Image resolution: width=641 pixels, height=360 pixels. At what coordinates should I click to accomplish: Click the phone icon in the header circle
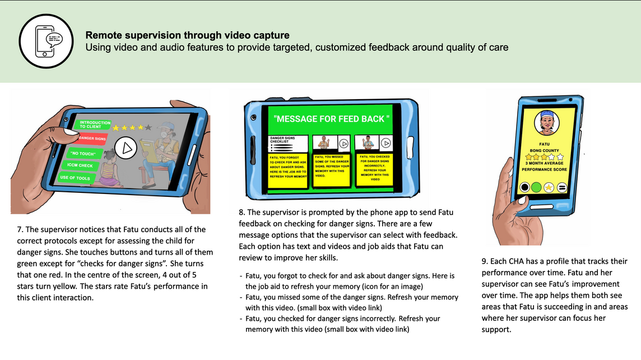click(47, 40)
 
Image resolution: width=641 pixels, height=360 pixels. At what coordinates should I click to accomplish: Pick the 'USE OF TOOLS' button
click(76, 178)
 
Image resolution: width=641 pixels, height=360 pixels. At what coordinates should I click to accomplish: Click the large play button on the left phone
click(127, 149)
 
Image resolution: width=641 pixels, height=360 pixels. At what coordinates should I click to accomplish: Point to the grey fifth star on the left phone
click(148, 128)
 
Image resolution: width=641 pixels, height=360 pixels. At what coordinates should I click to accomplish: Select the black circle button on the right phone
click(525, 187)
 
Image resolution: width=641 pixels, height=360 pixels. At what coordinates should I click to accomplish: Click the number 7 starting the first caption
click(20, 229)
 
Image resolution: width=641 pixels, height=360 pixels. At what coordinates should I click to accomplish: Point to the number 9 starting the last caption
click(485, 261)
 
